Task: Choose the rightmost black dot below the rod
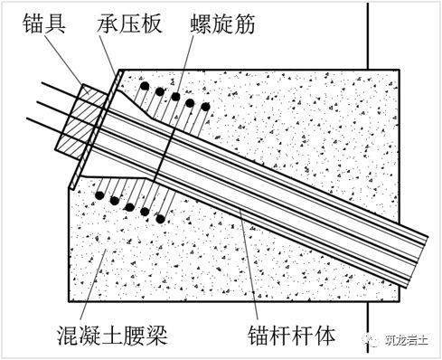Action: pyautogui.click(x=160, y=218)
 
